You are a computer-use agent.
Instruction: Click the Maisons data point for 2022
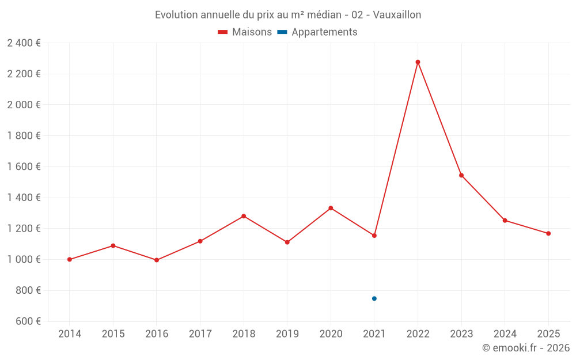pyautogui.click(x=418, y=62)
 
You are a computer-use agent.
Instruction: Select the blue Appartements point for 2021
pyautogui.click(x=374, y=298)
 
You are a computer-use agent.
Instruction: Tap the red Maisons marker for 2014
pyautogui.click(x=70, y=259)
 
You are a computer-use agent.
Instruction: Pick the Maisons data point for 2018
pyautogui.click(x=244, y=216)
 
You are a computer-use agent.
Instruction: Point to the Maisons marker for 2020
pyautogui.click(x=331, y=208)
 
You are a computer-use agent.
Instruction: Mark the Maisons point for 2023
pyautogui.click(x=461, y=175)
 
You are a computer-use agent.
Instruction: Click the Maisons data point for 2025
pyautogui.click(x=548, y=233)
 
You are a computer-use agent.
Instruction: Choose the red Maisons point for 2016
pyautogui.click(x=157, y=260)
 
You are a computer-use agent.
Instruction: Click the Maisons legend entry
pyautogui.click(x=245, y=32)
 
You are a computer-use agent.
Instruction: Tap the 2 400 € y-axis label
pyautogui.click(x=24, y=43)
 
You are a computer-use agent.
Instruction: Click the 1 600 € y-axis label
pyautogui.click(x=24, y=166)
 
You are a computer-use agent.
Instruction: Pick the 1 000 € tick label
pyautogui.click(x=24, y=259)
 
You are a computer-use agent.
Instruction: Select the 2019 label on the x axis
pyautogui.click(x=287, y=334)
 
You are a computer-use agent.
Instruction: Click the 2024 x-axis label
pyautogui.click(x=505, y=334)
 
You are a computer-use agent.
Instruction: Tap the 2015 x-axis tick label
pyautogui.click(x=113, y=334)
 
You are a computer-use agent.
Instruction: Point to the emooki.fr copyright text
pyautogui.click(x=526, y=348)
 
